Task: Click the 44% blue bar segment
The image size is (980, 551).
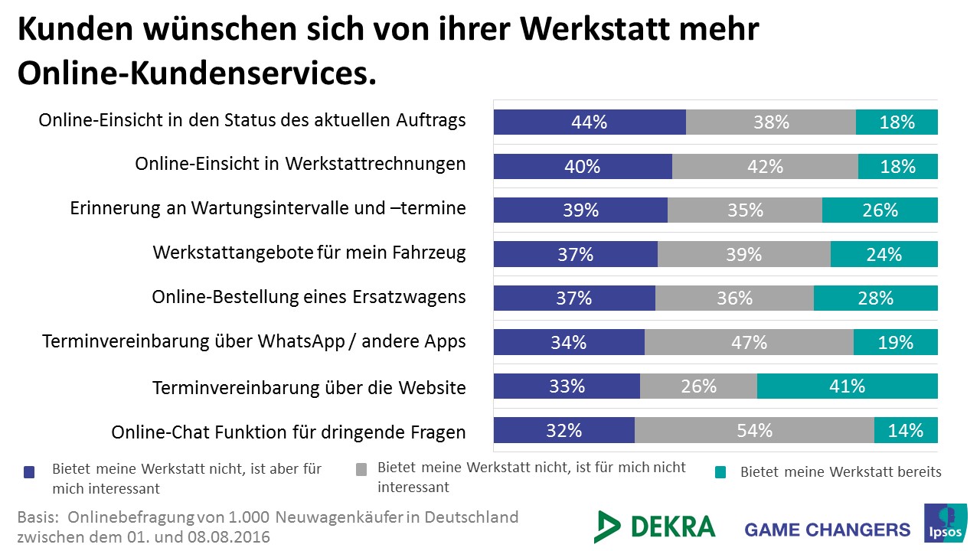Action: click(x=590, y=122)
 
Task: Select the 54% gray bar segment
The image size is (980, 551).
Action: click(x=754, y=431)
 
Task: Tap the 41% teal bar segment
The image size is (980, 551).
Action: click(x=847, y=386)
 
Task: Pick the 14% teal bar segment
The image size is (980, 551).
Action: click(x=906, y=431)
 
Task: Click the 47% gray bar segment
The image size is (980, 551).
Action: click(x=749, y=342)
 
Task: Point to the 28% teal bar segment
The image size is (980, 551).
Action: click(x=875, y=298)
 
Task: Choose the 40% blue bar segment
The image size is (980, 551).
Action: click(x=583, y=166)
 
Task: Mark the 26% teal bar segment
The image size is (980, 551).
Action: click(x=880, y=210)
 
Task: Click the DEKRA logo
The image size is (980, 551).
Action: click(x=655, y=527)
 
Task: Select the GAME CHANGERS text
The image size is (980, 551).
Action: click(x=827, y=530)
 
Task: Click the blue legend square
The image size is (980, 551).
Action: click(x=29, y=471)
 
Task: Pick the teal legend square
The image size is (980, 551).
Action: click(x=720, y=472)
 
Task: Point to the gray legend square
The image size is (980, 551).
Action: click(x=362, y=468)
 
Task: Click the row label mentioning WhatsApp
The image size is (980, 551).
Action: click(x=253, y=341)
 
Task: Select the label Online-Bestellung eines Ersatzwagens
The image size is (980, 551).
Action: click(x=309, y=297)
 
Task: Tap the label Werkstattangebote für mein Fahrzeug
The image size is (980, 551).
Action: click(x=309, y=253)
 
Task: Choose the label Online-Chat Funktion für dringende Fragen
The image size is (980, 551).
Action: click(x=288, y=432)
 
